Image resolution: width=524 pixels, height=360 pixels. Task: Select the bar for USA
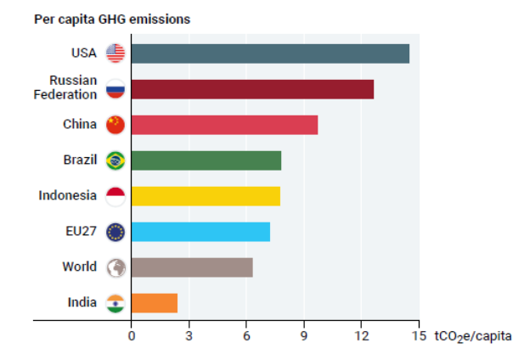coord(270,53)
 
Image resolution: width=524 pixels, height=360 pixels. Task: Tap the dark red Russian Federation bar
coord(252,89)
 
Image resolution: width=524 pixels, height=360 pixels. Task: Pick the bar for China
coord(224,125)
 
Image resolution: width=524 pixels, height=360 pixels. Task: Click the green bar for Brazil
coord(206,160)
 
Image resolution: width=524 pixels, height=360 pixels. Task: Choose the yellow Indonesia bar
coord(206,196)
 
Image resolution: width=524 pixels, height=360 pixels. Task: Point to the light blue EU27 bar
coord(200,232)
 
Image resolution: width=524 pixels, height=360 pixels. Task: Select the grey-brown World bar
coord(192,267)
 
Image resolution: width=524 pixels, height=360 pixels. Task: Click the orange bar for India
coord(155,303)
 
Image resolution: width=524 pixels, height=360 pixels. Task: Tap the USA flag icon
coord(116,53)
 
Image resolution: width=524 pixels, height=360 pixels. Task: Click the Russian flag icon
coord(116,89)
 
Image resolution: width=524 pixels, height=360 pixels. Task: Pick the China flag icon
coord(116,125)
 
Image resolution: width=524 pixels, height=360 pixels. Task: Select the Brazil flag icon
coord(116,160)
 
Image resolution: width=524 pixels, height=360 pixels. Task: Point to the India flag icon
coord(116,303)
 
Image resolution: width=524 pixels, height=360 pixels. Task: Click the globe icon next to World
coord(116,267)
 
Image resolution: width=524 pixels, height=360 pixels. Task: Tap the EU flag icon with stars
coord(116,232)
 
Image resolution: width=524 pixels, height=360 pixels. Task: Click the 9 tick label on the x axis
coord(303,336)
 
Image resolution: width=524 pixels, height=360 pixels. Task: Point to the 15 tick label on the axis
coord(418,336)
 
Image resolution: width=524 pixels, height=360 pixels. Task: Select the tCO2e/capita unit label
coord(473,336)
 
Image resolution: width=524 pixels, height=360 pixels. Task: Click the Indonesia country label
coord(68,195)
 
